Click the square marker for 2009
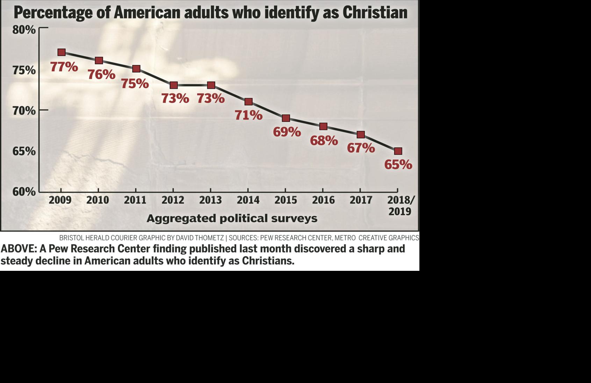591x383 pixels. (x=62, y=52)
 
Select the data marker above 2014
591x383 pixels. (x=248, y=102)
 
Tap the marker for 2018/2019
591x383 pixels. (x=398, y=151)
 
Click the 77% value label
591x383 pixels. (x=64, y=66)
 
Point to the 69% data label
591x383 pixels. (x=287, y=132)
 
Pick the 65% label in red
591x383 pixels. (x=398, y=164)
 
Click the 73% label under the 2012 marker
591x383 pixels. (x=175, y=98)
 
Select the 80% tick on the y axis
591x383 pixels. (x=24, y=30)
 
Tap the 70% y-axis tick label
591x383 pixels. (x=24, y=111)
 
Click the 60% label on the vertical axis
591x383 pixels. (x=24, y=191)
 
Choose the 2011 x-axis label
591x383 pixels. (x=135, y=200)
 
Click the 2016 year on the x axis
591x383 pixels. (x=323, y=200)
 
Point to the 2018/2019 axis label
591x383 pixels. (x=401, y=205)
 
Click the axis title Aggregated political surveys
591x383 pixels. (x=232, y=218)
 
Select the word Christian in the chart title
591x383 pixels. (x=375, y=13)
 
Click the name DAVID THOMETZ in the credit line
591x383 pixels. (x=200, y=238)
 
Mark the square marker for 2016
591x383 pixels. (x=323, y=126)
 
